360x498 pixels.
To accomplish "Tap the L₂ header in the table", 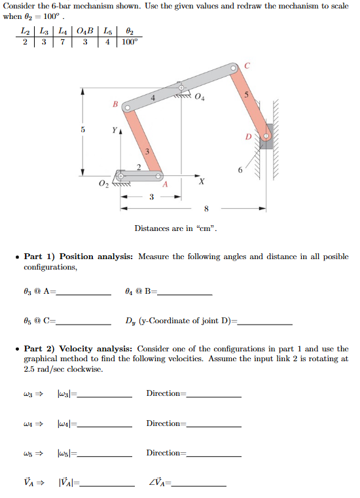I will pyautogui.click(x=25, y=31).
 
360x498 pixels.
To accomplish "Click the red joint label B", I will pyautogui.click(x=116, y=103).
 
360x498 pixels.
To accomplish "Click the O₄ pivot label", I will pyautogui.click(x=199, y=98).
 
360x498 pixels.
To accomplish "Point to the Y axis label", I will pyautogui.click(x=115, y=129).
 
